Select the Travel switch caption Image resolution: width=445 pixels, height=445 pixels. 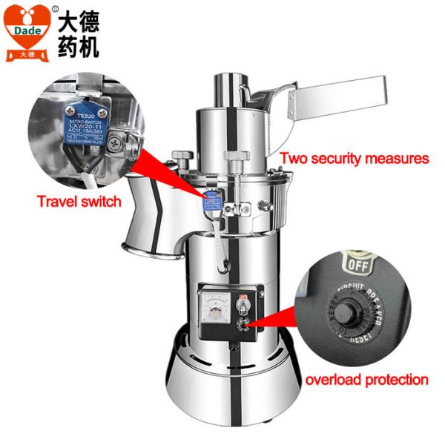[x=80, y=202]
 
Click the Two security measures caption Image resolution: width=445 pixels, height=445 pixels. [x=354, y=158]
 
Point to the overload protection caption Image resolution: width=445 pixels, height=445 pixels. [x=366, y=380]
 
